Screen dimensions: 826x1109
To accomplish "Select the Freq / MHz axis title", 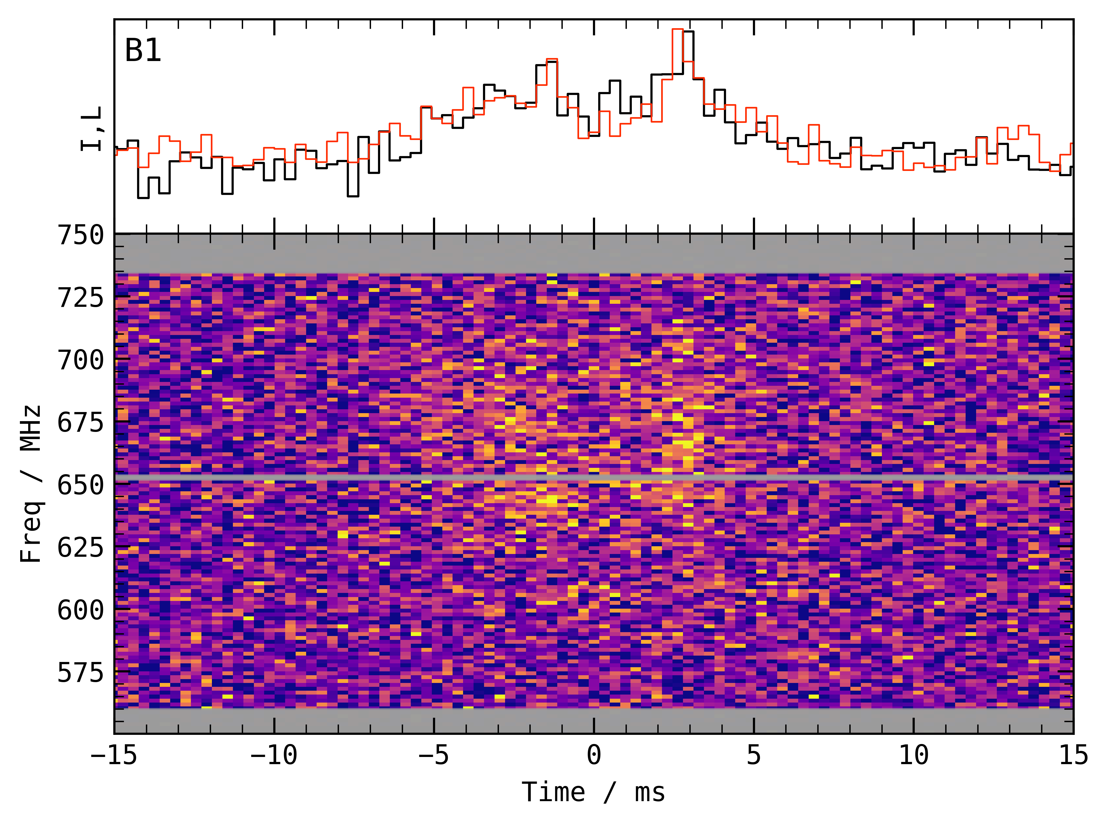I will click(x=31, y=484).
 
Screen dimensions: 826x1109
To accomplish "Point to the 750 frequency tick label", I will click(x=80, y=235).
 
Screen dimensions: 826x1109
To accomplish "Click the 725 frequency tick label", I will click(x=80, y=298).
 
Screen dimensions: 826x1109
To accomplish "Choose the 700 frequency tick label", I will click(x=80, y=360).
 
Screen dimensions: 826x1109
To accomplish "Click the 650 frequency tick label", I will click(x=80, y=485).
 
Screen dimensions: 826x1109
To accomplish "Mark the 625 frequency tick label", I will click(x=80, y=548).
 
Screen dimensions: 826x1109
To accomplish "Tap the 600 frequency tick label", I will click(x=80, y=610).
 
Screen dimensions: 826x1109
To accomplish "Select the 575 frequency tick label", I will click(x=80, y=672).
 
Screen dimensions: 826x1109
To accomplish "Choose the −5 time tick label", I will click(x=434, y=755).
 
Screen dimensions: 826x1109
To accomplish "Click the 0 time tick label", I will click(x=594, y=755).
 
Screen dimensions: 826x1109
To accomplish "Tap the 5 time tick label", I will click(x=754, y=755).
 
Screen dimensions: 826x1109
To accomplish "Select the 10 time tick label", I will click(x=914, y=755).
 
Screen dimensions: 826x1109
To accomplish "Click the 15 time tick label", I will click(x=1073, y=755).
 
